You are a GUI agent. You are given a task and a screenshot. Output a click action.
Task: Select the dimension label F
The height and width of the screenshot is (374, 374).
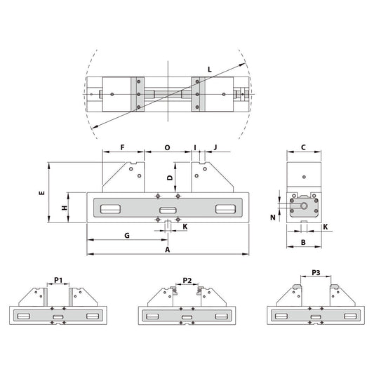(x=122, y=148)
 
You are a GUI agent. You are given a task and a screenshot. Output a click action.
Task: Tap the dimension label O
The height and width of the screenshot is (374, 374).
(x=167, y=148)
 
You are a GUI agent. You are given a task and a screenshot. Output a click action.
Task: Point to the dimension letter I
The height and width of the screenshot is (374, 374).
(x=195, y=148)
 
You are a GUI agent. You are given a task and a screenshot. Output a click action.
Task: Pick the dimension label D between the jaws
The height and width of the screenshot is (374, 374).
(x=169, y=178)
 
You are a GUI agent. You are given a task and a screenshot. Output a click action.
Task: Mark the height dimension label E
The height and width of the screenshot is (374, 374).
(x=42, y=192)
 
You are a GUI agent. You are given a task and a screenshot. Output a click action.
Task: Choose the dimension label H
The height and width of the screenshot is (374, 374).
(x=63, y=208)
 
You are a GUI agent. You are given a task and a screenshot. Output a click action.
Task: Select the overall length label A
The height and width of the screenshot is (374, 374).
(x=167, y=249)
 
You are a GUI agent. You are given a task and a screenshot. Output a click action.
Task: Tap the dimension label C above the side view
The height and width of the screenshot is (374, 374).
(x=302, y=147)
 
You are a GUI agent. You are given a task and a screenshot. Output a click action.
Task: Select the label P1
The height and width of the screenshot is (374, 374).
(x=58, y=281)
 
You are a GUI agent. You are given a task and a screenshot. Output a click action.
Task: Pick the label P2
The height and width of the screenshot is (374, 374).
(x=187, y=280)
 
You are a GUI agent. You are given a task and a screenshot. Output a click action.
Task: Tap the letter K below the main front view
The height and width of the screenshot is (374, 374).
(x=185, y=227)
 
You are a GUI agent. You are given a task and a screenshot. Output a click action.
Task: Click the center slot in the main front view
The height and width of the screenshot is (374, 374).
(x=168, y=209)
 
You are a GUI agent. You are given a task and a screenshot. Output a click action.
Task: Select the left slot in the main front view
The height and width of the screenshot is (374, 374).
(x=109, y=209)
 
